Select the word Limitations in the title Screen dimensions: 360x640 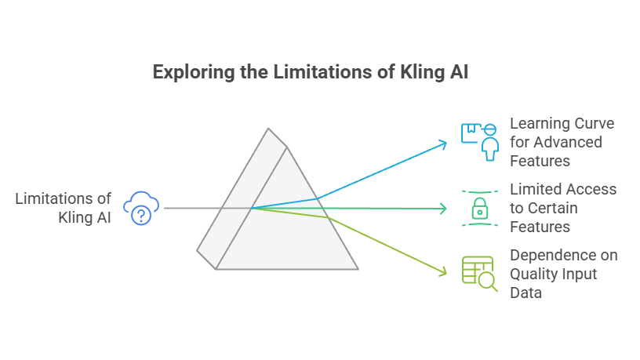306,73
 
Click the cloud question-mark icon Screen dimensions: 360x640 142,207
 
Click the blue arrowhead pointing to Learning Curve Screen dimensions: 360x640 444,144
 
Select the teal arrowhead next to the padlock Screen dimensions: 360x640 444,209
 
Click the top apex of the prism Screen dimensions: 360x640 268,129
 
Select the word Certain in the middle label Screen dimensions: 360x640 556,208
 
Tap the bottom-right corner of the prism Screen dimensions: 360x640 358,269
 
